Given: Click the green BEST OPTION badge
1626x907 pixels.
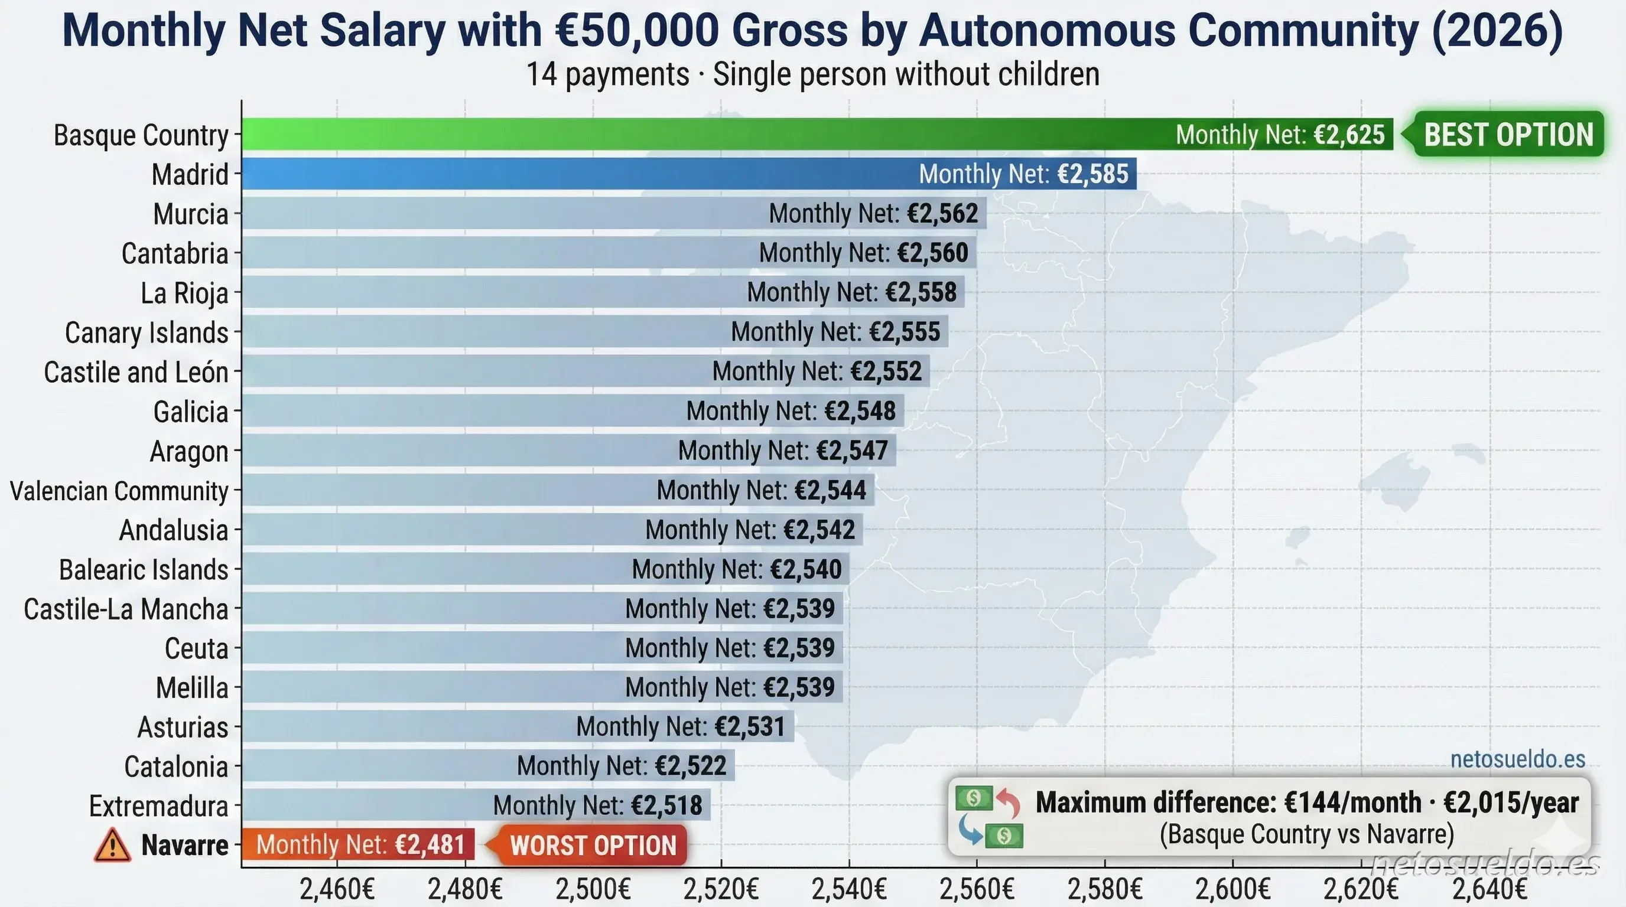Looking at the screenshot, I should tap(1508, 135).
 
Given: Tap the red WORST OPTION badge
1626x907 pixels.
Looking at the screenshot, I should tap(592, 845).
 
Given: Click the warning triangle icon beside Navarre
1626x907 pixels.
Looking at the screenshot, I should tap(112, 845).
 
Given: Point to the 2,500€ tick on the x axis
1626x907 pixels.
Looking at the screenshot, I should tap(593, 889).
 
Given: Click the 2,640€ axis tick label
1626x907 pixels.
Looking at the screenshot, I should tap(1489, 889).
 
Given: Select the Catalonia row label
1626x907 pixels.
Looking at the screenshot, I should tap(175, 766).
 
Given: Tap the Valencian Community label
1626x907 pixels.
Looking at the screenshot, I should tap(119, 491).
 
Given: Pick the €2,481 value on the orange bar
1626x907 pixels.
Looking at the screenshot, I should tap(430, 844).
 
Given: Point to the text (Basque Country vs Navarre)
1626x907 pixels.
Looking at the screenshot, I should tap(1306, 834).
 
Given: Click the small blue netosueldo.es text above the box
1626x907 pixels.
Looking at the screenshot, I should tap(1517, 759).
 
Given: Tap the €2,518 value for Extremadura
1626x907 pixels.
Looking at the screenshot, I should tap(666, 805).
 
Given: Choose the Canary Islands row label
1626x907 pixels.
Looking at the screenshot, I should tap(147, 332).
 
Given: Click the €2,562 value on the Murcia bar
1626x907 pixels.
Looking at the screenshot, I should tap(943, 213).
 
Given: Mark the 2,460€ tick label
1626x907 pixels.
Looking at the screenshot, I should tap(336, 889).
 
